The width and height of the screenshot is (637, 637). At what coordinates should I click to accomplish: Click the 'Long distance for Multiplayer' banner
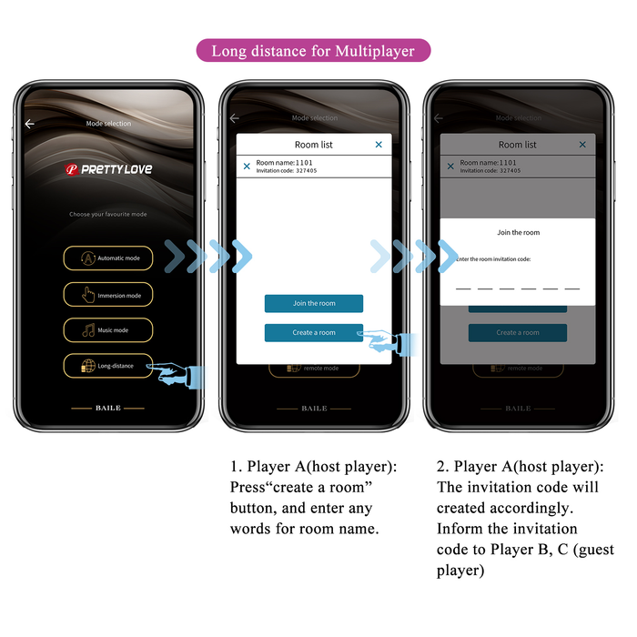pos(313,51)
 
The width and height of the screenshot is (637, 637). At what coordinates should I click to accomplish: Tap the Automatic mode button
pos(108,258)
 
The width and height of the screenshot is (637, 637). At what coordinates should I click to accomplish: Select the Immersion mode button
pos(108,295)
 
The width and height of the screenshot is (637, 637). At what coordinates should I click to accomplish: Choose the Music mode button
pos(108,330)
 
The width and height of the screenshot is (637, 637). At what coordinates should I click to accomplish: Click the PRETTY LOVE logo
pos(108,169)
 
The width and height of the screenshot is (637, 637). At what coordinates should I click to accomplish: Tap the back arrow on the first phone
pos(29,124)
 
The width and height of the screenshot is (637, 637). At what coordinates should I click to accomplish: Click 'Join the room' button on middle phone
pos(314,303)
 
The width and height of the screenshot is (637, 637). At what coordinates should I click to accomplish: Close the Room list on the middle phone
pos(379,145)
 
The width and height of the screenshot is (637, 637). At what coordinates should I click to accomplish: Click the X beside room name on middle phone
pos(247,167)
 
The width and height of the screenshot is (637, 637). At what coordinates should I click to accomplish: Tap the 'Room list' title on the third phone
pos(517,145)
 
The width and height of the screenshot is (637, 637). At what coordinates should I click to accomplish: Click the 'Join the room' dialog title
pos(518,233)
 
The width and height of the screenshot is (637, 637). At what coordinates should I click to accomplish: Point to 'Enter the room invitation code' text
pos(493,259)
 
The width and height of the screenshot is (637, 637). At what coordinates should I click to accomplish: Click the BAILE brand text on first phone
pos(108,408)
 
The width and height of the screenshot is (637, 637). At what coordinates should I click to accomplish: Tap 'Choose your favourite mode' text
pos(108,215)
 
